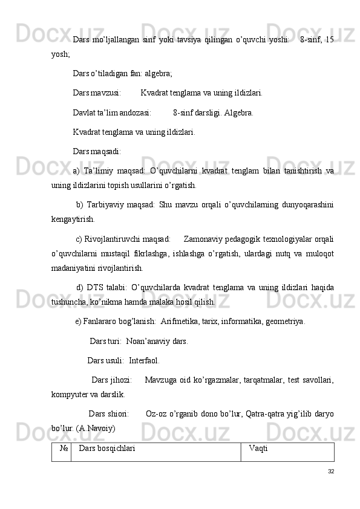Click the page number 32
[x=330, y=472]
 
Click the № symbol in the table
[x=63, y=449]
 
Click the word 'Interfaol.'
[x=145, y=361]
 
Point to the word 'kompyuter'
[x=70, y=395]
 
